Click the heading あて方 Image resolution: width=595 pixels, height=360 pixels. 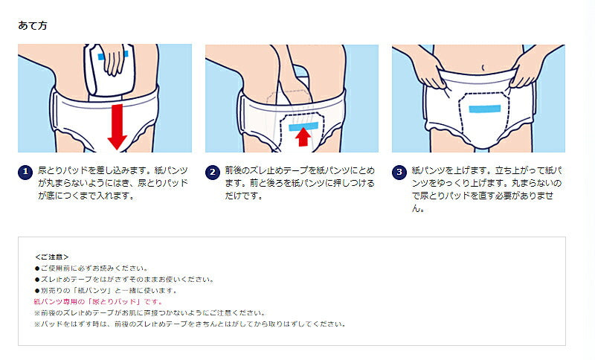pos(33,25)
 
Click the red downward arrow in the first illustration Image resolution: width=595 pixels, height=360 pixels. pos(118,126)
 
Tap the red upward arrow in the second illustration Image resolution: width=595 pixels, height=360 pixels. pos(303,137)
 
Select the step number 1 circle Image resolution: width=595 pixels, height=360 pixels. pos(25,172)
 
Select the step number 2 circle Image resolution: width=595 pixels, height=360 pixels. pos(213,173)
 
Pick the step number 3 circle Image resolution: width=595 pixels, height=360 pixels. pos(399,173)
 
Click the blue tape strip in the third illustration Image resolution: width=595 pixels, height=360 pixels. pos(485,109)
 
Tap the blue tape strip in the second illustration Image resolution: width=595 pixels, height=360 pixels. pos(303,126)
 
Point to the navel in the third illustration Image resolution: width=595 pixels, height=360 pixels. pos(483,68)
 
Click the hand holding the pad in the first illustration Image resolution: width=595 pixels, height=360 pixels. pos(113,60)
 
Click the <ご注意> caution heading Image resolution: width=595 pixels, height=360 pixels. pos(51,257)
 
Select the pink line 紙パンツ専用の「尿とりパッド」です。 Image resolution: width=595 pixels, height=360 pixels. pos(98,302)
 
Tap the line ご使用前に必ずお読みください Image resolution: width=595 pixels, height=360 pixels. pos(91,269)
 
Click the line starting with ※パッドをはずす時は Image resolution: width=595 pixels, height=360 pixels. pos(190,324)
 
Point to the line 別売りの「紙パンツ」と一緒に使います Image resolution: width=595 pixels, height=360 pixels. pos(106,291)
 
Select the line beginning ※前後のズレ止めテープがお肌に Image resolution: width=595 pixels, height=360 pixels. pos(150,313)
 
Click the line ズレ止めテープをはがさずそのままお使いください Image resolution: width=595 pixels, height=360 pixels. pos(124,280)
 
